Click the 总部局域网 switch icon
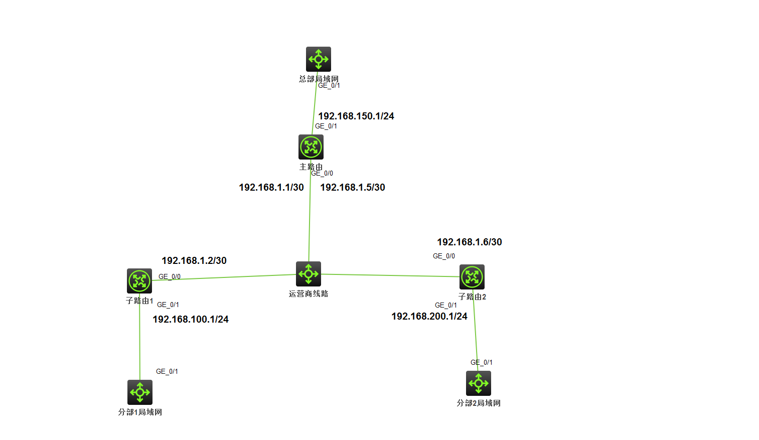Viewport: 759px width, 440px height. click(318, 59)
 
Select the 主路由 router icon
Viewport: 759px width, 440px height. click(311, 147)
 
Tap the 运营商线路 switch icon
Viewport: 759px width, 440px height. click(309, 274)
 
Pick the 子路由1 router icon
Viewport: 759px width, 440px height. click(139, 281)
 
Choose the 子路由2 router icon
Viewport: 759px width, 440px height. click(472, 277)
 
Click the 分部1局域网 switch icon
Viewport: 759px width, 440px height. click(140, 392)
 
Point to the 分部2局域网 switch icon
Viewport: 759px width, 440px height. click(479, 383)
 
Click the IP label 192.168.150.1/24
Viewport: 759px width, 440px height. click(356, 116)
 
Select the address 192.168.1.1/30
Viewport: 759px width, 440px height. click(271, 187)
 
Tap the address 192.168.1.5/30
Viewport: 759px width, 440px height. click(353, 187)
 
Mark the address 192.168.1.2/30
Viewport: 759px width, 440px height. click(194, 260)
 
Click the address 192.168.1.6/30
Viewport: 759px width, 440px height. click(470, 242)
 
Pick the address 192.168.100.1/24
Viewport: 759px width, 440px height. click(191, 319)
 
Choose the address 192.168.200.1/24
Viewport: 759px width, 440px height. click(429, 316)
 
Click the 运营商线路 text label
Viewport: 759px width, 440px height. click(309, 294)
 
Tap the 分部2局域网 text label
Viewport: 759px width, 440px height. click(479, 403)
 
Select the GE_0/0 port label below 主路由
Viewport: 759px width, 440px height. click(322, 173)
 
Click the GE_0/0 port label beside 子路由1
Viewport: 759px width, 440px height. click(170, 276)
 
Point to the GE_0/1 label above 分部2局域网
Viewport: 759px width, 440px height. click(482, 362)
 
